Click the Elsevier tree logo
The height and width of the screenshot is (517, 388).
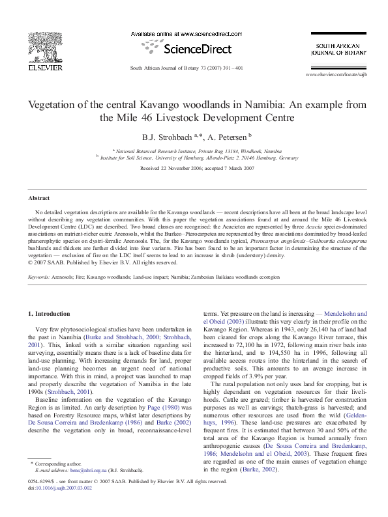[44, 47]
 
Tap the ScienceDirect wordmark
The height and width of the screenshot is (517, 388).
[190, 49]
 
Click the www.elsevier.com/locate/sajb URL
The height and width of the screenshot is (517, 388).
[341, 75]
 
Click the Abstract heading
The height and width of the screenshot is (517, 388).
[38, 198]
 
